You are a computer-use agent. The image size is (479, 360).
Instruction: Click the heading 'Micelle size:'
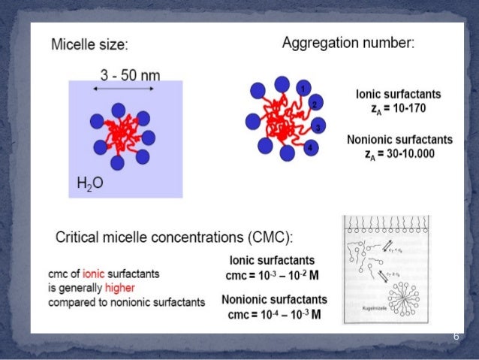tap(89, 44)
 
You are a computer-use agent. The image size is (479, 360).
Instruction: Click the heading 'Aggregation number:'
tap(347, 43)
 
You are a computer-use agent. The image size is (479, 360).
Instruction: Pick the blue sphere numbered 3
tap(318, 128)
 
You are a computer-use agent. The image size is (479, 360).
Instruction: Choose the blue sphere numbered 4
tap(309, 148)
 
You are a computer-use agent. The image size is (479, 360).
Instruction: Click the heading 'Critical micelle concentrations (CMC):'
tap(174, 237)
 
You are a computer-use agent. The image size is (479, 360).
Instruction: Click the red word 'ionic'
tap(95, 274)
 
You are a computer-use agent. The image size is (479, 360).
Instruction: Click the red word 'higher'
tap(119, 288)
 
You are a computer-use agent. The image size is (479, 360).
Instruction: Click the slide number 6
tap(455, 336)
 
